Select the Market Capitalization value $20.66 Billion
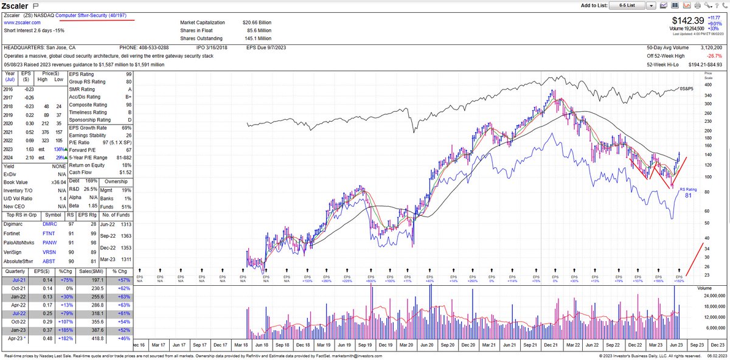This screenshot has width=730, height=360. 257,22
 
